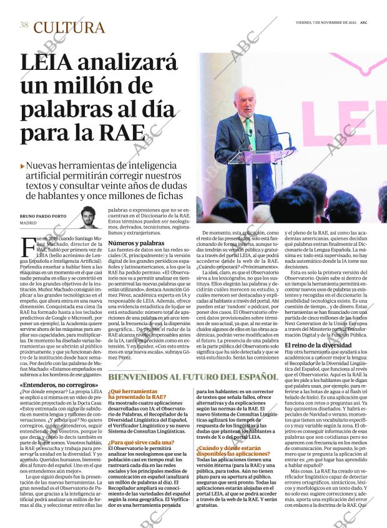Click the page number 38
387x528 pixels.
tap(24, 25)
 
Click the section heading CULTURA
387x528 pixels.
tap(69, 27)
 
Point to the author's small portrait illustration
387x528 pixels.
tap(91, 217)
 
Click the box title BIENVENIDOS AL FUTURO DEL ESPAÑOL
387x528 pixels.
tap(193, 377)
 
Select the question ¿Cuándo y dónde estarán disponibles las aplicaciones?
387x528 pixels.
tap(233, 451)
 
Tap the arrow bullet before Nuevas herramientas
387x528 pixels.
tap(22, 166)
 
